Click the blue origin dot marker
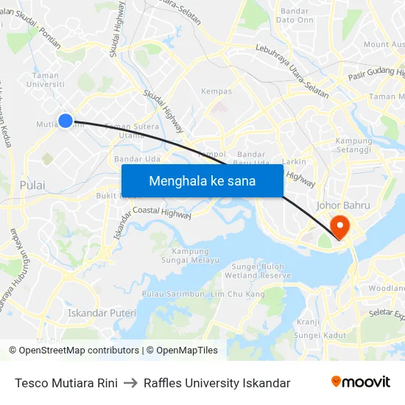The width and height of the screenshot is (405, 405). click(66, 121)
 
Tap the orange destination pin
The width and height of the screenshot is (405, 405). click(341, 225)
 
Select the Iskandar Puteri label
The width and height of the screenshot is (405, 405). click(102, 313)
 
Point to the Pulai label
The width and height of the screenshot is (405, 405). click(32, 185)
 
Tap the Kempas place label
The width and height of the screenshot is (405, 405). click(216, 92)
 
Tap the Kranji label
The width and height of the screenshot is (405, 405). click(308, 322)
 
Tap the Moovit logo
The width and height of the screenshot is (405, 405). click(361, 382)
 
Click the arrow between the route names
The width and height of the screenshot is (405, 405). click(130, 383)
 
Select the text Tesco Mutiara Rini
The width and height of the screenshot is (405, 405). click(66, 383)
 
